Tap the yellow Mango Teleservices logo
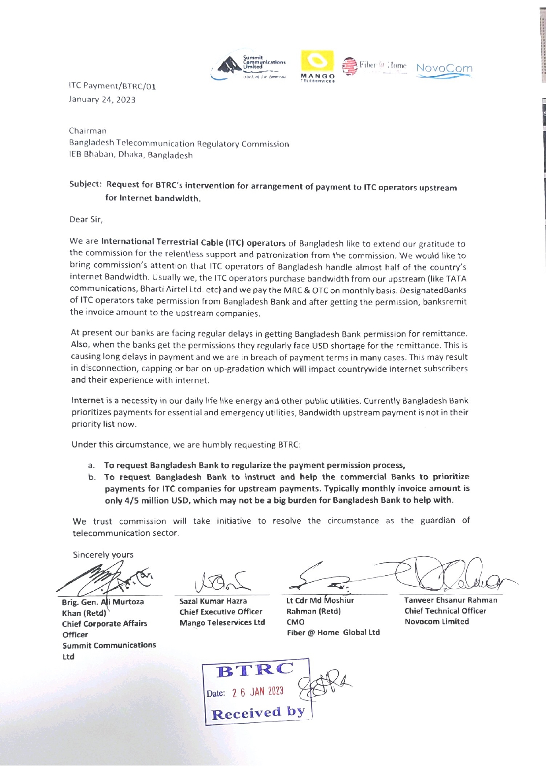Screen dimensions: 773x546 (x=317, y=67)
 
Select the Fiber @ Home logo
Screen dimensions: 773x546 (x=375, y=67)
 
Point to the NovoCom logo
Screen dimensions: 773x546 (x=444, y=69)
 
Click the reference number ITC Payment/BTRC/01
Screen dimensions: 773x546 (x=112, y=86)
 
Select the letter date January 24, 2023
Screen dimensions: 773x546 (x=102, y=100)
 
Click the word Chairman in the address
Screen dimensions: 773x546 (x=88, y=131)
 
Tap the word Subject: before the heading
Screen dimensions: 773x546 (x=86, y=184)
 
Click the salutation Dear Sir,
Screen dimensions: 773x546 (x=86, y=219)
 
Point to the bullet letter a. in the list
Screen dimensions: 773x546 (x=92, y=466)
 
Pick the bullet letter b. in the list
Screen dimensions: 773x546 (x=92, y=477)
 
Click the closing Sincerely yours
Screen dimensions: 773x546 (x=103, y=555)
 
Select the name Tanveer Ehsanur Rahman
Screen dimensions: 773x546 (x=451, y=600)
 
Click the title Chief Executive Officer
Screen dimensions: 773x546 (x=221, y=612)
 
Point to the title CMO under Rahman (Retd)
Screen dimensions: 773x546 (x=295, y=622)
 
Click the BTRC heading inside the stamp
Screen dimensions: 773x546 (x=255, y=670)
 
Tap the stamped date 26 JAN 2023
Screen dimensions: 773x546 (x=258, y=692)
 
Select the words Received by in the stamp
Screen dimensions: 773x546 (x=258, y=713)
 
